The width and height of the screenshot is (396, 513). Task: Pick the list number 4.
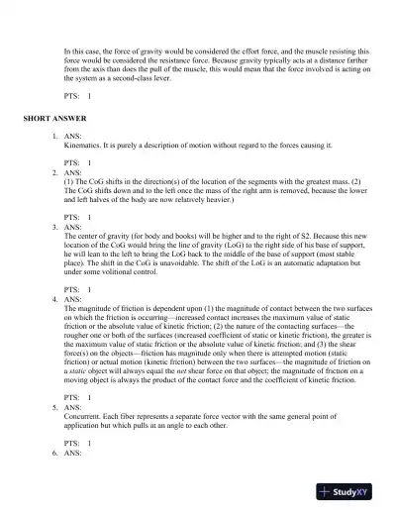[54, 298]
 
